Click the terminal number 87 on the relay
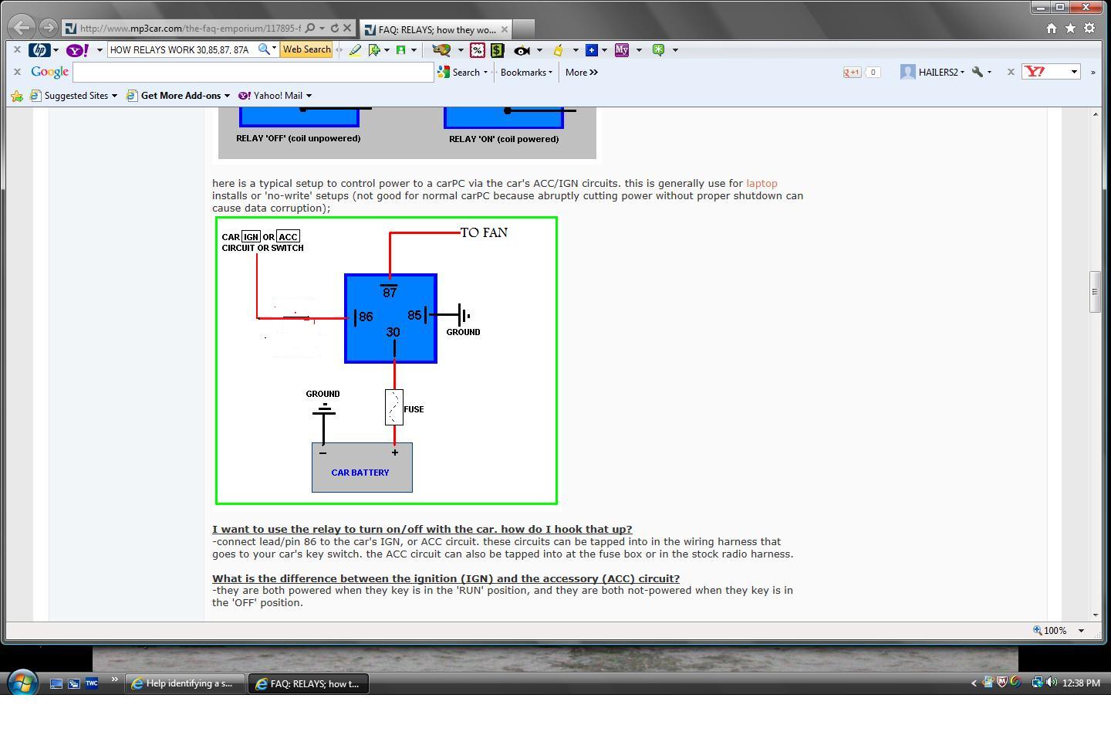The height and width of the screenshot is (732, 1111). (390, 292)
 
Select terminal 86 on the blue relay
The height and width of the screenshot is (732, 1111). (366, 317)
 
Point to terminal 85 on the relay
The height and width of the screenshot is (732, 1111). (414, 315)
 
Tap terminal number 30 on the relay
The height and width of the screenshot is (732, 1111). (393, 332)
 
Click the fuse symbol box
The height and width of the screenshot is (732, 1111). (393, 408)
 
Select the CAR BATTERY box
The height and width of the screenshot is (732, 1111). (362, 467)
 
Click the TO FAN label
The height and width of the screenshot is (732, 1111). (484, 232)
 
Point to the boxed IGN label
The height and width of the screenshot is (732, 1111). (251, 237)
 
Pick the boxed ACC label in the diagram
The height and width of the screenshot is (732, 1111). (288, 237)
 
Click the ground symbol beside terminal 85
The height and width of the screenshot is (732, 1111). (463, 315)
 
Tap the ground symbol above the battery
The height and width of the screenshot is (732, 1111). (324, 409)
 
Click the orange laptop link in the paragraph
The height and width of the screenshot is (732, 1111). (761, 183)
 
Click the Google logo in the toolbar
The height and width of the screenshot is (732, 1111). (49, 72)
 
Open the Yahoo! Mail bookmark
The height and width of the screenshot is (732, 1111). (275, 95)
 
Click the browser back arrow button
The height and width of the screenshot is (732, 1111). (22, 27)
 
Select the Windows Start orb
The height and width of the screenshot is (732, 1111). (22, 683)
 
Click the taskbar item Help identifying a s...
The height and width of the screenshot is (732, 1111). (184, 683)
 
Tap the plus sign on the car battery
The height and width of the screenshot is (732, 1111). (395, 452)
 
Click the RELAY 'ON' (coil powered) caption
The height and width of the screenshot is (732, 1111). (504, 139)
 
